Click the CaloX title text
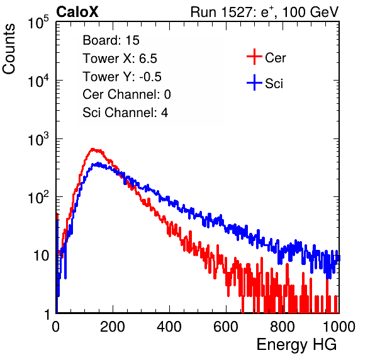point(77,12)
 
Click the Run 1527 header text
point(264,12)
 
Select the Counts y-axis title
point(9,49)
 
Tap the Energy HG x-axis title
point(296,345)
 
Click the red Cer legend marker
point(254,57)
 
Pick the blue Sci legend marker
point(254,82)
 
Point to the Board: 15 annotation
point(111,40)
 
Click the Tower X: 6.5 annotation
point(120,59)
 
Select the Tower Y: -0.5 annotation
point(122,77)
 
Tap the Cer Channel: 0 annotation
point(126,94)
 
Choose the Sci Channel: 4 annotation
point(125,113)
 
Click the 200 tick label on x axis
point(113,327)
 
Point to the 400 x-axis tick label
point(169,327)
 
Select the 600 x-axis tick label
point(226,327)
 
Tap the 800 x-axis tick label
point(283,327)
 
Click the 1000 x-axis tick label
point(339,327)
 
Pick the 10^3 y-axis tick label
point(38,139)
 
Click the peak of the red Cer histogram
point(92,149)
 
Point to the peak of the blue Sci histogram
point(98,163)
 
